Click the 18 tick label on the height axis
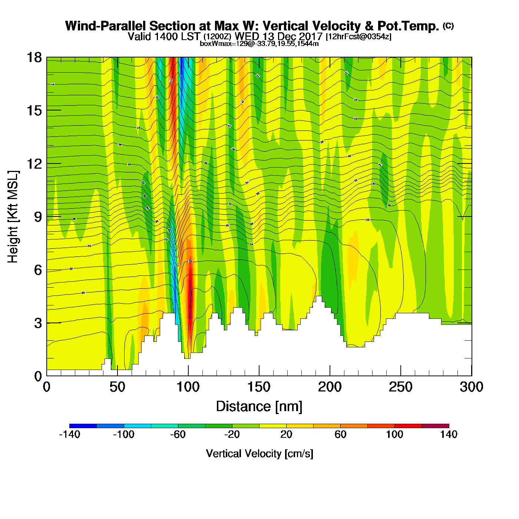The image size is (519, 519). pos(34,57)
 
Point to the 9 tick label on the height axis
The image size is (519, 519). pos(38,217)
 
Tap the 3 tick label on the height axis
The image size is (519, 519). pos(38,323)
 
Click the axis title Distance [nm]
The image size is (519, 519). pos(259,407)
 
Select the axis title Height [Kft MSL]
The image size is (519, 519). pos(13,217)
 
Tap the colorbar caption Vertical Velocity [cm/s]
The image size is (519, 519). pos(259,453)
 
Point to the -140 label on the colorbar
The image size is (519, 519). pos(70,434)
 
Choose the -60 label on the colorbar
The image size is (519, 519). pos(178,434)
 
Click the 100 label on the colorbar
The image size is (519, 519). pos(394,434)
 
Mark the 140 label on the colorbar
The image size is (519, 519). pos(449,434)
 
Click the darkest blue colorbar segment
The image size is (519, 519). pos(83,426)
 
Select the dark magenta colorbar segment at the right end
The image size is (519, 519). pos(435,426)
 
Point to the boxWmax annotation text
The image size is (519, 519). pos(259,43)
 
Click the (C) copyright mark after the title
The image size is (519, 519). pos(448,26)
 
